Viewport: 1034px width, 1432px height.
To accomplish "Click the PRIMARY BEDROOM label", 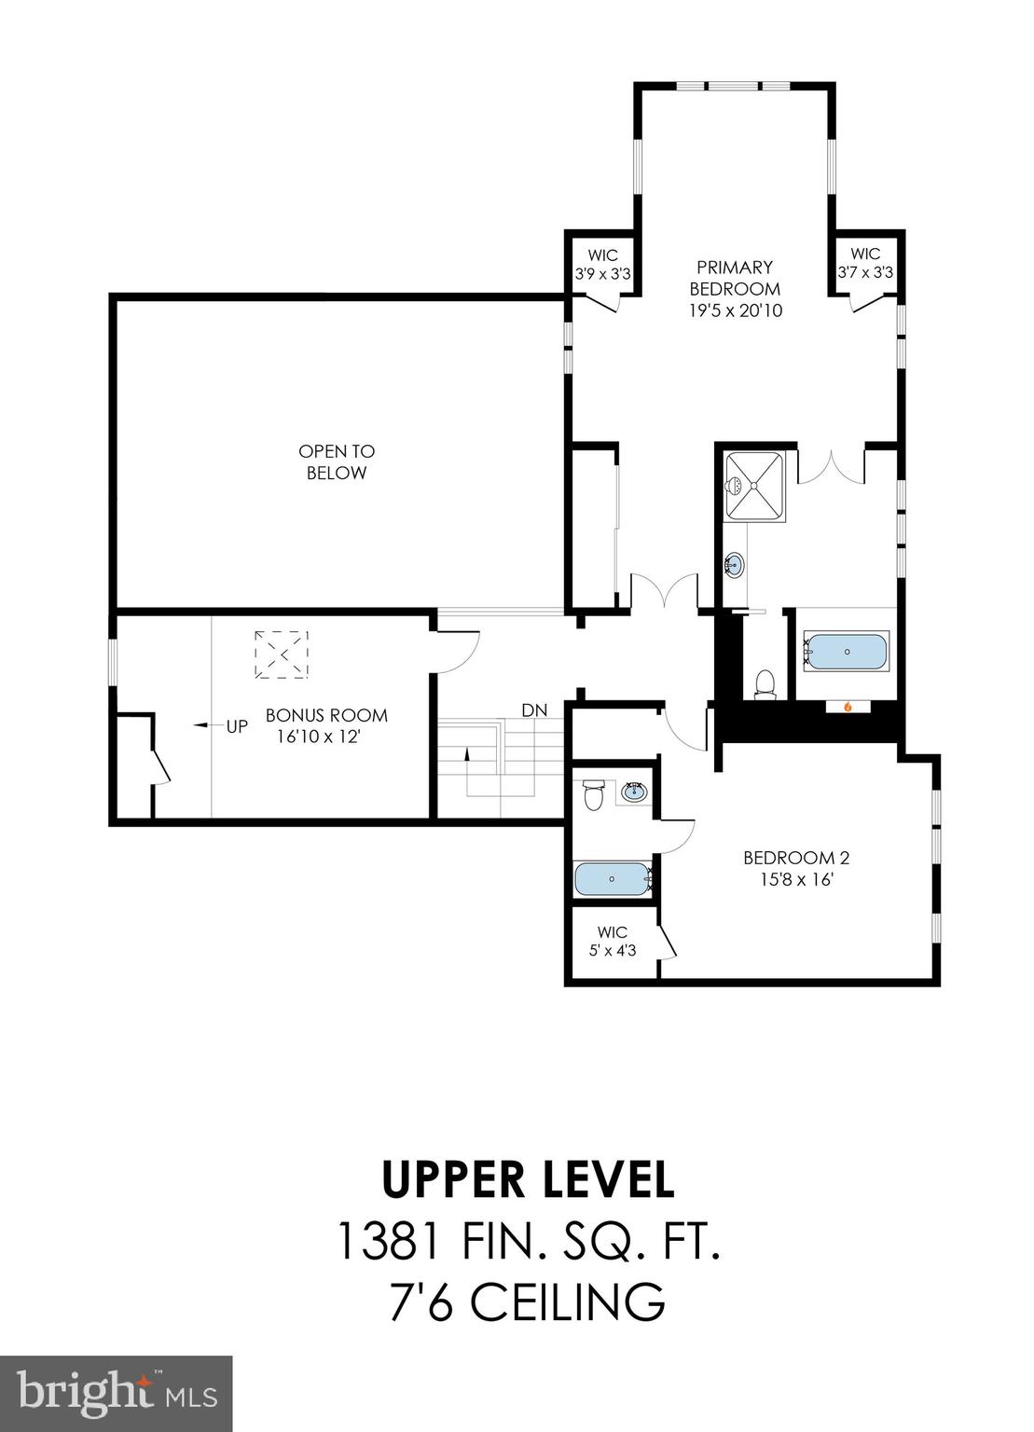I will point(735,289).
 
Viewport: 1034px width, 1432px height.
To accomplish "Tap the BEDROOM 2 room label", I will point(796,868).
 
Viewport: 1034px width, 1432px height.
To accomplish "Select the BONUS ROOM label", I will point(326,725).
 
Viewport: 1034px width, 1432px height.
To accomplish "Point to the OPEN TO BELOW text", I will point(337,461).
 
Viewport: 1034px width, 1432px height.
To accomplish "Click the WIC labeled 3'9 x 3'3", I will point(603,265).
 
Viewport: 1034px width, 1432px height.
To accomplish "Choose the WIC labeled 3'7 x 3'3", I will point(865,264).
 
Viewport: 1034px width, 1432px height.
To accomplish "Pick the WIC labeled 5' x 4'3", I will point(613,941).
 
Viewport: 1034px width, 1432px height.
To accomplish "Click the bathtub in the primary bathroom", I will point(847,652).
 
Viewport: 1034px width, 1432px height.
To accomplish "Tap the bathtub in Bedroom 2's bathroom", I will point(612,878).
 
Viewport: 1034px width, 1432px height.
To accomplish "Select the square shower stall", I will point(755,484).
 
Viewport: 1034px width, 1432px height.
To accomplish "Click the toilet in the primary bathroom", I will point(765,682).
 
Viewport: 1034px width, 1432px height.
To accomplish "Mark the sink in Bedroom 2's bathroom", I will point(635,792).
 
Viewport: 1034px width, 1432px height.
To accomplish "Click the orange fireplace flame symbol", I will point(848,707).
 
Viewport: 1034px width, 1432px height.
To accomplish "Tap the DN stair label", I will point(534,710).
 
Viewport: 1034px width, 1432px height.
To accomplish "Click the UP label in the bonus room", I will point(237,725).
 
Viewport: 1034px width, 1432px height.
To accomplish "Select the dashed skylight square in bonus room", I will point(282,654).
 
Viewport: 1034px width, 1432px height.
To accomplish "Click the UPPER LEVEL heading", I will point(528,1178).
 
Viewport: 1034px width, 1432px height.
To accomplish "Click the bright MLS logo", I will point(117,1394).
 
